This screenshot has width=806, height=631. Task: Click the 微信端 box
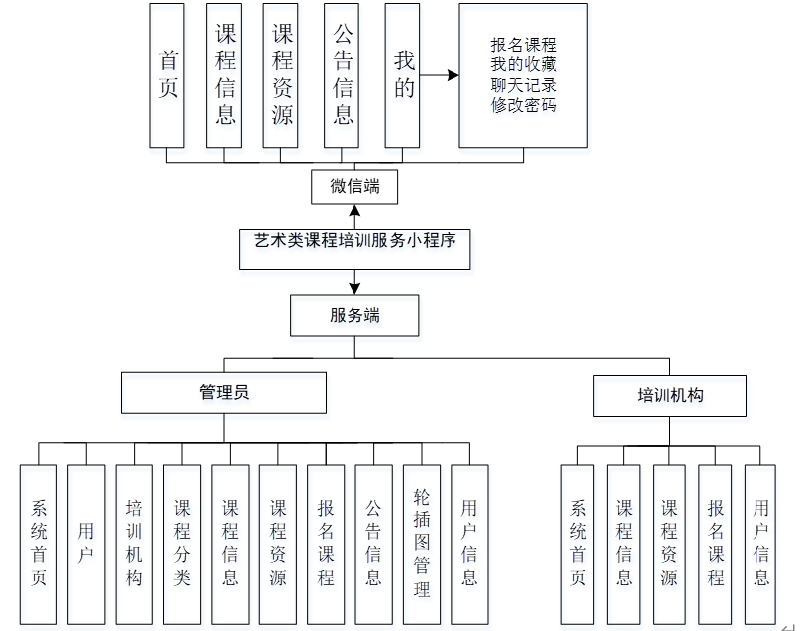[354, 186]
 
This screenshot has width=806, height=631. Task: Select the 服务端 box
[354, 316]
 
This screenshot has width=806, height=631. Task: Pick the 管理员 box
[223, 392]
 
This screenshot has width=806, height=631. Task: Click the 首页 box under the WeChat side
[167, 74]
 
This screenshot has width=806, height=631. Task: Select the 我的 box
[403, 74]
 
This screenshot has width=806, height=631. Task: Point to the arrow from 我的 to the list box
[441, 74]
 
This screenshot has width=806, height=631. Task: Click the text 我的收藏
[523, 64]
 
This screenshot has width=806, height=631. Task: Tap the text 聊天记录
[523, 84]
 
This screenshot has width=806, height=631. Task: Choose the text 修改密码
[523, 104]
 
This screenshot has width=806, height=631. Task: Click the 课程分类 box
[182, 544]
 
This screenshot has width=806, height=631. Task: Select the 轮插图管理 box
[422, 544]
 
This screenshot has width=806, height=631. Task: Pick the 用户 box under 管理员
[86, 544]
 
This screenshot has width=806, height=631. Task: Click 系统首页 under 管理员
[39, 544]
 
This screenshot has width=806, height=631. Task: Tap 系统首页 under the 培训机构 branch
[578, 544]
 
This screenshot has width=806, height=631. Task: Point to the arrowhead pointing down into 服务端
[354, 288]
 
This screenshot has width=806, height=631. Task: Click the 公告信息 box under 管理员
[373, 544]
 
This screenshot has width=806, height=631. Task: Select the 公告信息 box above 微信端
[343, 74]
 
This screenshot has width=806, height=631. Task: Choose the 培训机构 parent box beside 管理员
[669, 395]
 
